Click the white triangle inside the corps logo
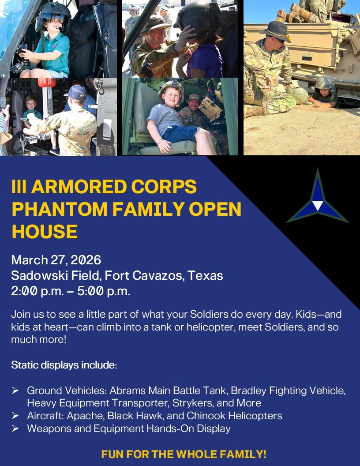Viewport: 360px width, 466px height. coord(318,205)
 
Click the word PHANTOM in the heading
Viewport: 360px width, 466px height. coord(60,209)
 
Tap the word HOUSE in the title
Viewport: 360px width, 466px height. coord(45,232)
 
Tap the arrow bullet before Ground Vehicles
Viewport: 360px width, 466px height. coord(15,391)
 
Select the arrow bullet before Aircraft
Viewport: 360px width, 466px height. coord(15,416)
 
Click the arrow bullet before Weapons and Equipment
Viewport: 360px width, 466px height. coord(15,428)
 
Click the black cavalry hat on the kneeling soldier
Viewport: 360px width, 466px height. coord(275,32)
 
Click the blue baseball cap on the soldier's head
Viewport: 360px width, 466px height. coord(77,93)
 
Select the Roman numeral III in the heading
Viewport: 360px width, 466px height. coord(19,187)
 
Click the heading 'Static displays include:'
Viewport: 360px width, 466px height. coord(64,365)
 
